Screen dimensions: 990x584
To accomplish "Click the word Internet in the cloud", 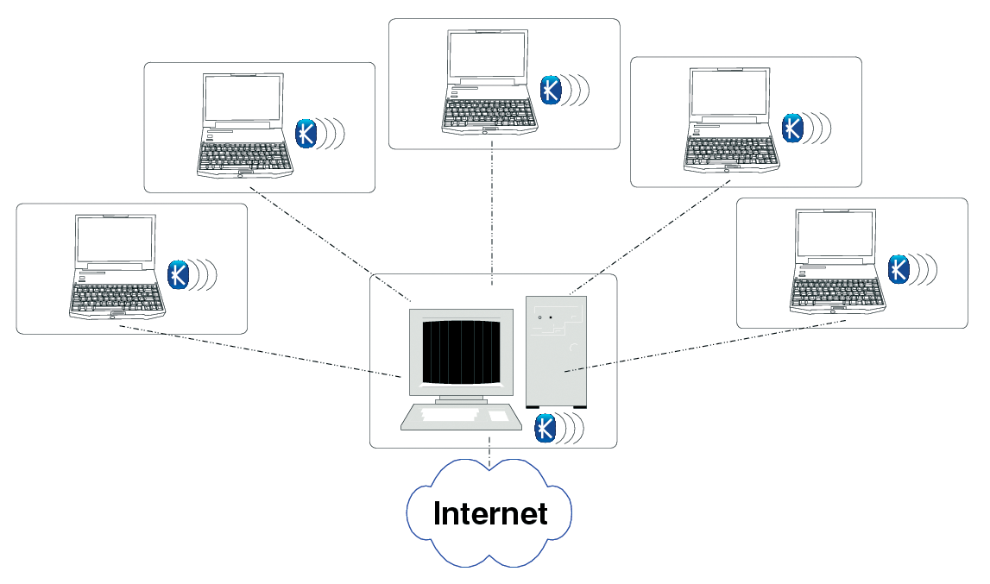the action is point(490,513).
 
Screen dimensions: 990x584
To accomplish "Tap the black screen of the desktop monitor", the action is point(462,352).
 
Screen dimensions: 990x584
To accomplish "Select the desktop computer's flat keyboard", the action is point(461,418).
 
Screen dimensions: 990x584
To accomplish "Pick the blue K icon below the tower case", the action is point(545,429).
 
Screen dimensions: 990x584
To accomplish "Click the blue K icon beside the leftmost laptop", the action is point(178,274).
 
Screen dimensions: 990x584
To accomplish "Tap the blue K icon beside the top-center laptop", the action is point(551,90).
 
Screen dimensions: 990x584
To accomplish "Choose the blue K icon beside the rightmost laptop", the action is point(899,270).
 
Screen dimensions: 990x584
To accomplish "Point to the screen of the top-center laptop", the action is point(488,55).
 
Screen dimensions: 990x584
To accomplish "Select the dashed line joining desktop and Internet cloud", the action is point(489,451).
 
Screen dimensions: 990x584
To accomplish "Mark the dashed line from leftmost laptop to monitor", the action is point(260,351).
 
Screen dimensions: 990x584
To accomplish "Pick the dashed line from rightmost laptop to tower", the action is point(705,346).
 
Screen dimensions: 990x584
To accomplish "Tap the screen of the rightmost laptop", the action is point(836,235).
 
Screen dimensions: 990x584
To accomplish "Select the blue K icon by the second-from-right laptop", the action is point(792,129).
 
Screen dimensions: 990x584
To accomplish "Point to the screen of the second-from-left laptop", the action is point(243,98).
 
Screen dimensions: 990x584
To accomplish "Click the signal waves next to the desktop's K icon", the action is point(571,429).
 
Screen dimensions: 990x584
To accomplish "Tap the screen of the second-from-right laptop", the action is point(730,93).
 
